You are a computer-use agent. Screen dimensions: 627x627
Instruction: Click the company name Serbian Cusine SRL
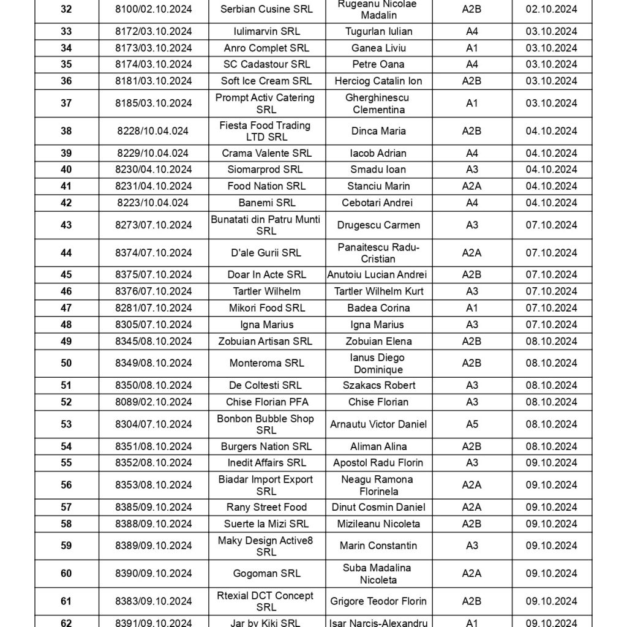266,10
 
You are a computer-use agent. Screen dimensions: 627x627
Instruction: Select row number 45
66,275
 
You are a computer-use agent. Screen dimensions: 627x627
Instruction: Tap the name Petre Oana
379,64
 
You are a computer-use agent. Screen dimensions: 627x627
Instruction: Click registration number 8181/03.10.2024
153,81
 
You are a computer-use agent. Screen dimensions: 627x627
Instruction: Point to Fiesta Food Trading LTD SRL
266,131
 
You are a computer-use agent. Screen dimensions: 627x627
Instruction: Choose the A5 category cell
471,424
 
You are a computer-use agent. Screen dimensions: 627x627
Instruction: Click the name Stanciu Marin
379,186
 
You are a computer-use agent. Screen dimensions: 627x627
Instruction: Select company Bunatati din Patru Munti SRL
266,225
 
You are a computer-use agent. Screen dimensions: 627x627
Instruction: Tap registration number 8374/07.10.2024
153,253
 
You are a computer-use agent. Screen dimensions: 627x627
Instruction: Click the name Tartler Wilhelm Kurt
379,291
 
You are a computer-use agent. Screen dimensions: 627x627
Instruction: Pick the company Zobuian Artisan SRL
266,342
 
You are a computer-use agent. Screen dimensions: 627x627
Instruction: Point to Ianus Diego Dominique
379,364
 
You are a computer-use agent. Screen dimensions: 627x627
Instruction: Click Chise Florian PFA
266,402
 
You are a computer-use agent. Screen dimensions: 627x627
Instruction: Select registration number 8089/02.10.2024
153,402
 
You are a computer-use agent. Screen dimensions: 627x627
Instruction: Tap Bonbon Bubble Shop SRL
266,424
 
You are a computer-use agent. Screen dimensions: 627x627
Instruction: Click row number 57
66,508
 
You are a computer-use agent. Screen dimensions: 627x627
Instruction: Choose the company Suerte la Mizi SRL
266,524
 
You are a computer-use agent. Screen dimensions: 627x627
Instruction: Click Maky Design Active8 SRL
266,546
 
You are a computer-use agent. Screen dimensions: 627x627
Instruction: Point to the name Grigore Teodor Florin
379,601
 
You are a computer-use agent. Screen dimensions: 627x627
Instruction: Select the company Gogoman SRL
266,574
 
